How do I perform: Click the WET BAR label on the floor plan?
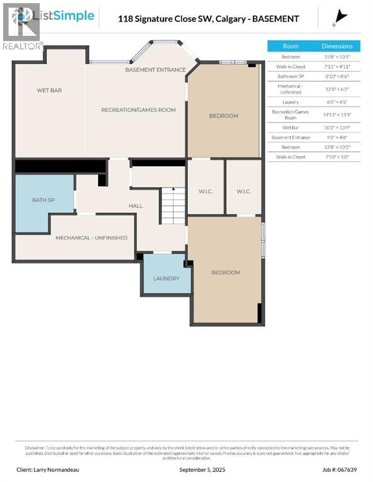[x=49, y=90]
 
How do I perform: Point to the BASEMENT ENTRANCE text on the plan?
[x=155, y=70]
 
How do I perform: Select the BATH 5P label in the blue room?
[x=44, y=200]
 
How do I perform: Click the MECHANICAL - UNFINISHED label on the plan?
[x=91, y=238]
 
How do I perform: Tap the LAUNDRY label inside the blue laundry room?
[x=166, y=278]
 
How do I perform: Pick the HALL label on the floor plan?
[x=136, y=205]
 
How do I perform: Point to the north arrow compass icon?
[x=342, y=16]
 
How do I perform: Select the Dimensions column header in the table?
[x=337, y=46]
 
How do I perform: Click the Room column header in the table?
[x=291, y=46]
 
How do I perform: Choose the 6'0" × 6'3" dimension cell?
[x=337, y=102]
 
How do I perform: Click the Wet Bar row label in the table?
[x=291, y=127]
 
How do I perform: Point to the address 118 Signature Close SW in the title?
[x=165, y=18]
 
